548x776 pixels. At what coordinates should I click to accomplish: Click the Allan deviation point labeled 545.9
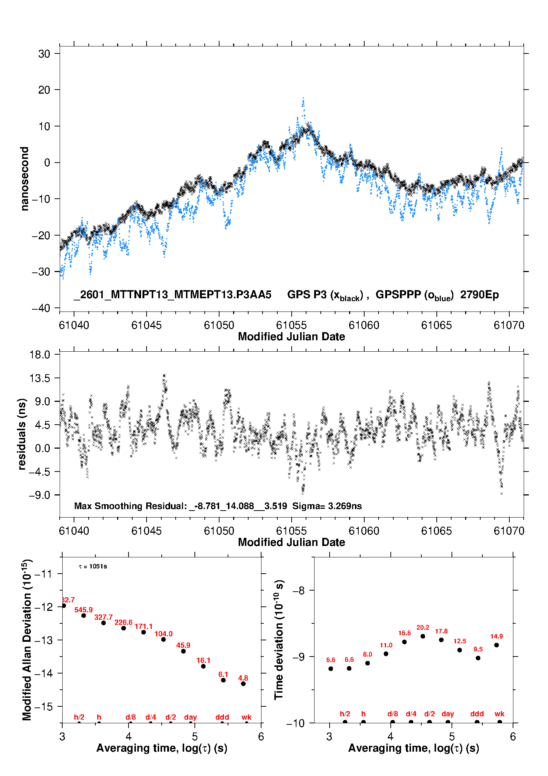point(84,616)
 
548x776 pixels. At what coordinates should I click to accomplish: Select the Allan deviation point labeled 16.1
point(203,666)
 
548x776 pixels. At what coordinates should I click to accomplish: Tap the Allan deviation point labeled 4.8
point(243,684)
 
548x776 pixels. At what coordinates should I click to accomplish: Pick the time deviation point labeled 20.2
point(423,636)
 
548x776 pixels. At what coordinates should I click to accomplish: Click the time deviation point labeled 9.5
point(478,658)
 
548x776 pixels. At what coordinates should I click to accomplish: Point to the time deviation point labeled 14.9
point(496,645)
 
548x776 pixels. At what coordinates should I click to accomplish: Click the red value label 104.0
point(164,634)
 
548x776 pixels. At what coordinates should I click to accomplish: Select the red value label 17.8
point(441,631)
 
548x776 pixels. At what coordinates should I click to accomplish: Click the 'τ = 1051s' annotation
point(93,566)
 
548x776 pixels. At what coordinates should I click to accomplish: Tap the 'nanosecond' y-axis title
point(25,179)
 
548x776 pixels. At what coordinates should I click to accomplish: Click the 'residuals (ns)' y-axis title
point(22,434)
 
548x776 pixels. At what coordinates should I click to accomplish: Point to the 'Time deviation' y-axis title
point(279,640)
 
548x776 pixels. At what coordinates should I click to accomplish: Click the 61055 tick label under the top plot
point(291,325)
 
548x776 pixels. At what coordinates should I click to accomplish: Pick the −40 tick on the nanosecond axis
point(41,308)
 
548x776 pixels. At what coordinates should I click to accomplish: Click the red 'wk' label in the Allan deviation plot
point(246,717)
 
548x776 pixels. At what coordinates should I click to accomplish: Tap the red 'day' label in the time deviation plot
point(448,714)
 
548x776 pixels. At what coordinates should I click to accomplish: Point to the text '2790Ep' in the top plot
point(479,295)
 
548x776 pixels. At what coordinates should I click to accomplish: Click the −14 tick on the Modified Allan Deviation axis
point(43,673)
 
